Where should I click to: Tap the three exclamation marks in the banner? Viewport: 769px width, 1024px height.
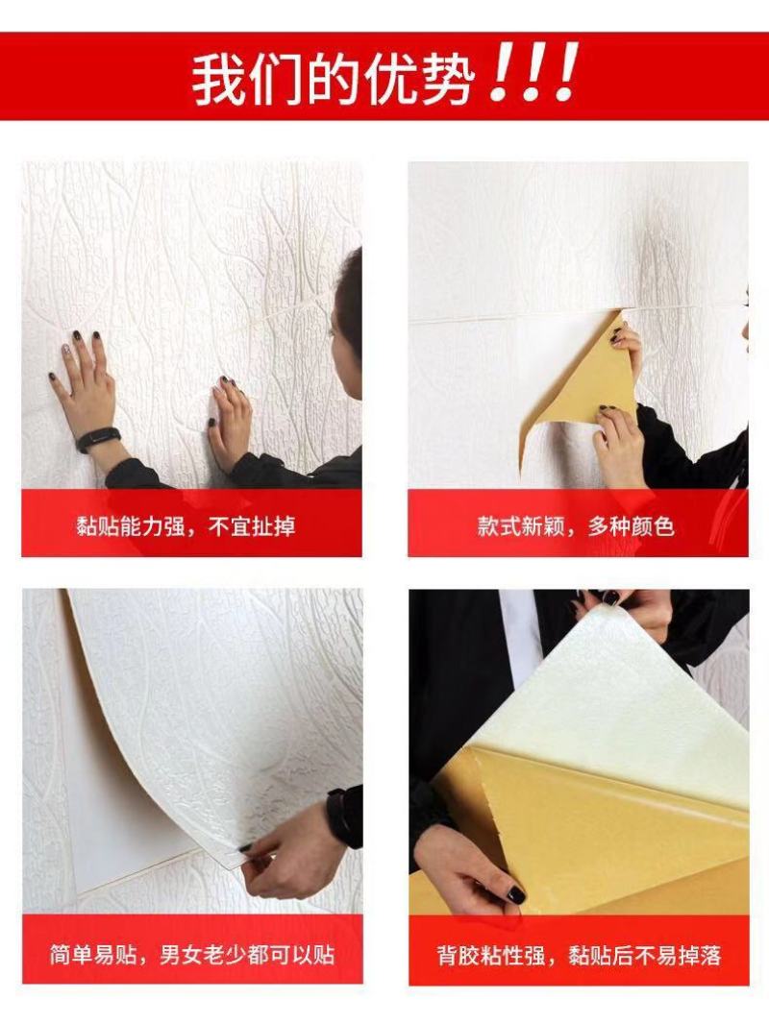[x=534, y=72]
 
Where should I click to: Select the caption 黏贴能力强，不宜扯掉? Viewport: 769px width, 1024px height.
[x=186, y=525]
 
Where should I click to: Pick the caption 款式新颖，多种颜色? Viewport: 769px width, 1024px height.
[x=576, y=525]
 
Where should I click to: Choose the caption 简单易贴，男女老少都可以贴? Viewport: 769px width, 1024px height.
[x=192, y=955]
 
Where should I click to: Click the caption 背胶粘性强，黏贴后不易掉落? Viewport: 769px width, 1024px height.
[x=579, y=956]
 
